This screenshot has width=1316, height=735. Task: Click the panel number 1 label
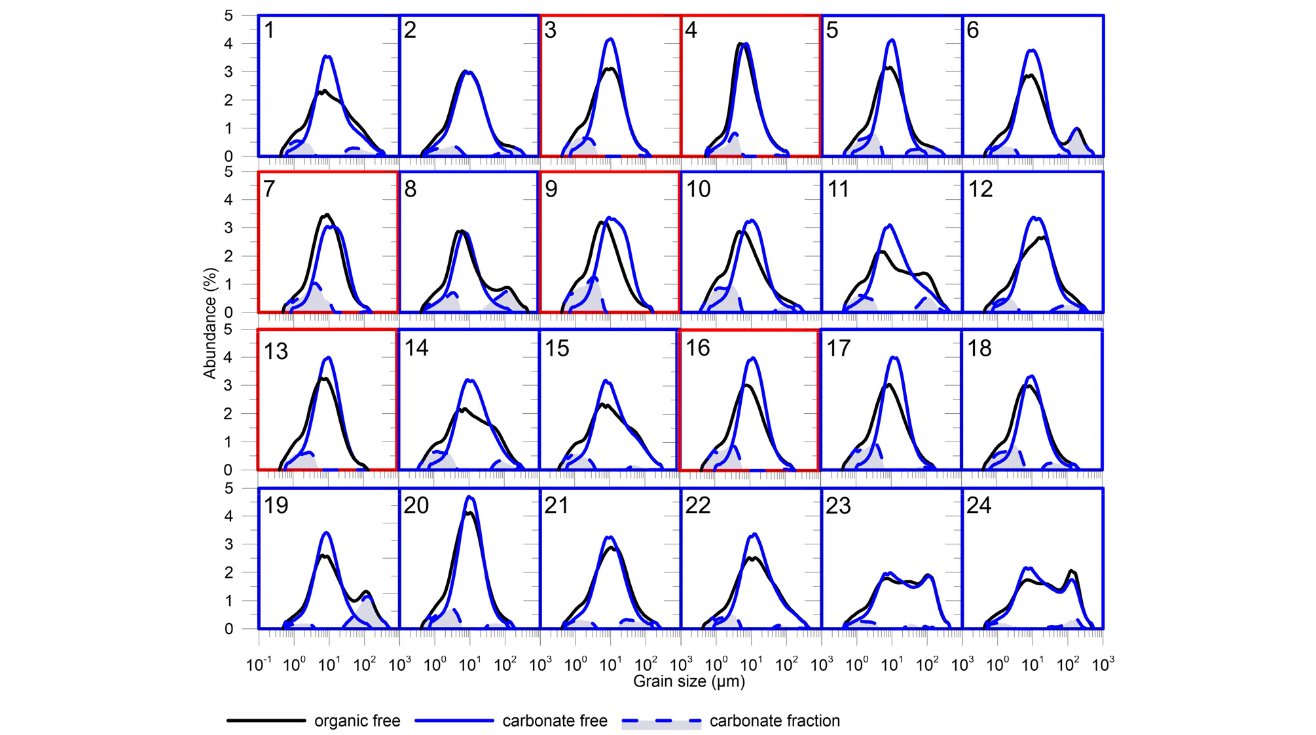coord(269,30)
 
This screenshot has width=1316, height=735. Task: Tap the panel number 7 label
coord(269,189)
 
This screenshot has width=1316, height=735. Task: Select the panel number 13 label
coord(276,351)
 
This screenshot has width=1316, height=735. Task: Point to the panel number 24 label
coord(979,505)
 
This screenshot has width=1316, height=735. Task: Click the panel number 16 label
coord(697,348)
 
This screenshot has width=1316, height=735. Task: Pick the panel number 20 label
coord(416,505)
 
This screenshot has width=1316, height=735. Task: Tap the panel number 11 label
coord(838,189)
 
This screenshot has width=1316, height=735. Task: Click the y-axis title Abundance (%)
coord(210,323)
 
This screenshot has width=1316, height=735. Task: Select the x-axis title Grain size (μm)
coord(689,681)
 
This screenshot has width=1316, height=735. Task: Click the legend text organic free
coord(357,721)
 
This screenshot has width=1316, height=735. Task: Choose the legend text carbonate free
coord(555,721)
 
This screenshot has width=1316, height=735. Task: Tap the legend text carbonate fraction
coord(775,721)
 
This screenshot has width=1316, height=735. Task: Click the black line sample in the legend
coord(266,721)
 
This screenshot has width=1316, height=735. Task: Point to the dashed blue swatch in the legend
coord(661,721)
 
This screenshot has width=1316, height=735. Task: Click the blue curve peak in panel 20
coord(470,497)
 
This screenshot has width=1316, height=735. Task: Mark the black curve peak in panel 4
coord(740,45)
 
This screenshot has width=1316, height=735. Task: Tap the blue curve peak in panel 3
coord(610,39)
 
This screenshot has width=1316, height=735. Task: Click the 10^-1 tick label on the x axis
coord(259,665)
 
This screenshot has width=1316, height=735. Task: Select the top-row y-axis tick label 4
coord(228,44)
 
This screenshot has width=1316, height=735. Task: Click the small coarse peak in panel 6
coord(1076,129)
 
